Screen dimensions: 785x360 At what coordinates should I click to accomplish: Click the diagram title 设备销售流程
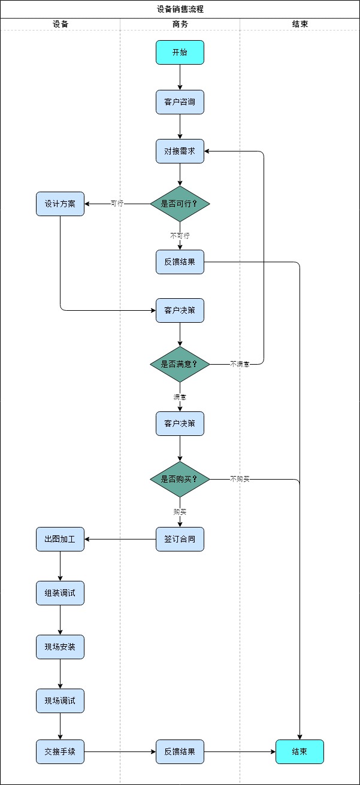[x=180, y=9]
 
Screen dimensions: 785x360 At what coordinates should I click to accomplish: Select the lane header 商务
[x=180, y=25]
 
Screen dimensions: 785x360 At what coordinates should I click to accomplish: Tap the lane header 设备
[x=60, y=25]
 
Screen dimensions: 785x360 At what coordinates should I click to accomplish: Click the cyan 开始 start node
[x=180, y=52]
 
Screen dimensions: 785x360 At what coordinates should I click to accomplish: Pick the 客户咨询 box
[x=180, y=102]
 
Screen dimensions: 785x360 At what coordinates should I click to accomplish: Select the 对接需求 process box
[x=180, y=151]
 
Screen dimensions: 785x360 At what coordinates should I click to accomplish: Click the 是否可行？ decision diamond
[x=180, y=204]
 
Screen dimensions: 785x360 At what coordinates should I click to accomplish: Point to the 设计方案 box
[x=60, y=204]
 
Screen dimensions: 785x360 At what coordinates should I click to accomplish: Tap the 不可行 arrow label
[x=180, y=236]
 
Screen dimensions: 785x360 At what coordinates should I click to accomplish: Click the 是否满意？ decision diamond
[x=180, y=364]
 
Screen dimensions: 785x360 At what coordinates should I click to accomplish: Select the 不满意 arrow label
[x=240, y=364]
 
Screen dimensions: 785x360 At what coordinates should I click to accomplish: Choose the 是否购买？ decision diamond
[x=180, y=479]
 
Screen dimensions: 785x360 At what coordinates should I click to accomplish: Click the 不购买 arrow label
[x=240, y=479]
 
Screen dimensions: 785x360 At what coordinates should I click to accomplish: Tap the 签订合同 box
[x=180, y=539]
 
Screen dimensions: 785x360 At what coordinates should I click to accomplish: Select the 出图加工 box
[x=60, y=539]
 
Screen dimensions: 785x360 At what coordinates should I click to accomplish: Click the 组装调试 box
[x=60, y=593]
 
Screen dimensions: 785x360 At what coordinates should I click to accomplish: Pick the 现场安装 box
[x=60, y=647]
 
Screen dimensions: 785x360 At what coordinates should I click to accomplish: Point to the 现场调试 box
[x=60, y=701]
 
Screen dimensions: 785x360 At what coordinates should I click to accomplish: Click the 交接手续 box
[x=60, y=751]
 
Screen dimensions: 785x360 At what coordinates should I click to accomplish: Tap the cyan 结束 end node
[x=300, y=751]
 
